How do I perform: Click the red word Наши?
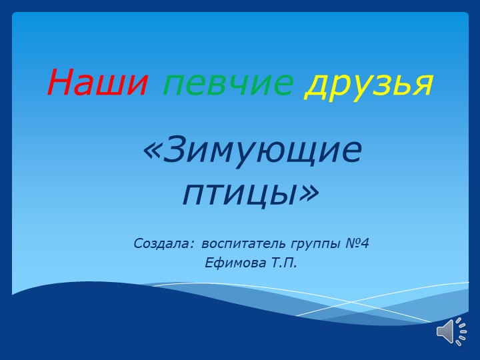97,83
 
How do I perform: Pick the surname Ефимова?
235,263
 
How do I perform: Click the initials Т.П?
284,263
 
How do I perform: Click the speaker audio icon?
451,331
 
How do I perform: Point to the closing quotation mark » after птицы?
308,192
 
